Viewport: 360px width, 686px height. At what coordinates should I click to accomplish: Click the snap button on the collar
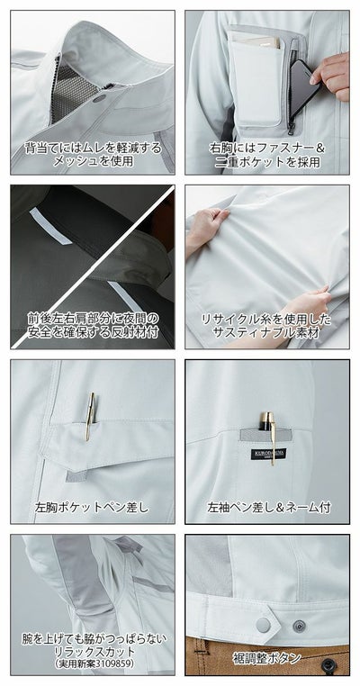pyautogui.click(x=107, y=92)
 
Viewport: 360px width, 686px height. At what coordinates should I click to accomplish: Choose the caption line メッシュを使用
pyautogui.click(x=93, y=160)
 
